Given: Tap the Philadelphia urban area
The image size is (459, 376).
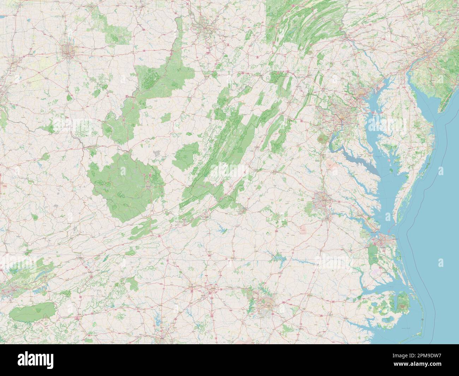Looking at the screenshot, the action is point(429,52).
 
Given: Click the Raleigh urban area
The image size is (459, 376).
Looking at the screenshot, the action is point(266,303).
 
